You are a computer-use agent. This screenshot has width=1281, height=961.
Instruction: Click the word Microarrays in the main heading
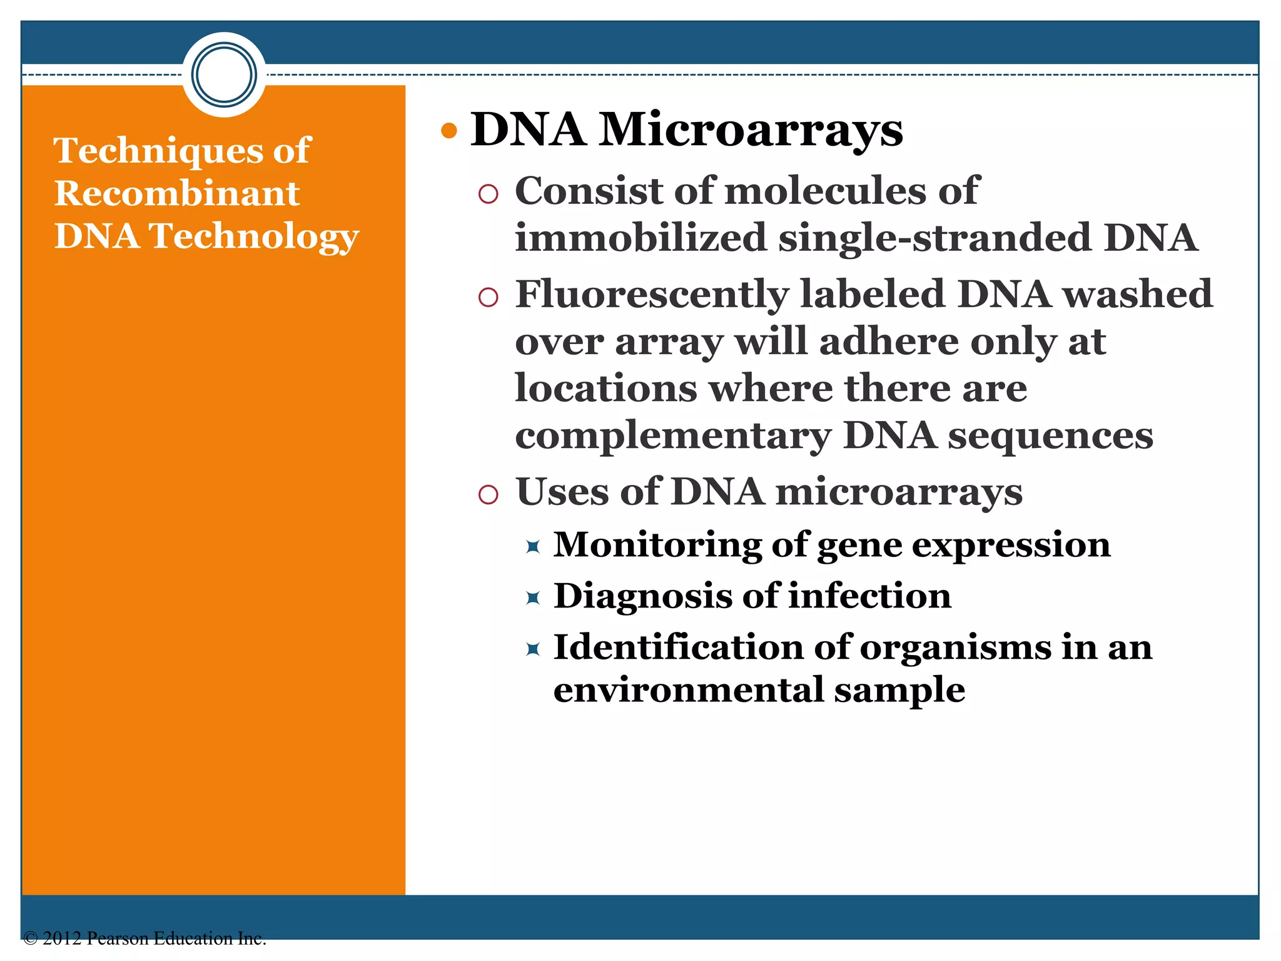pos(751,130)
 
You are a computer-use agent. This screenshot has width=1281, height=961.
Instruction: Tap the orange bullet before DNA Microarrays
pos(449,131)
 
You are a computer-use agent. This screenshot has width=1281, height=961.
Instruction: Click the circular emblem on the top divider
pos(224,74)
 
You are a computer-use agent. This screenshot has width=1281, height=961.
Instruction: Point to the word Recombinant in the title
pos(177,193)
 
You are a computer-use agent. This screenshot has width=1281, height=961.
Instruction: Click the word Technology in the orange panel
pos(253,236)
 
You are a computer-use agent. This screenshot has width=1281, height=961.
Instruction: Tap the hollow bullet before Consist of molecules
pos(488,194)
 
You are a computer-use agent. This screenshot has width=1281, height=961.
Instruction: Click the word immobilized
pos(640,238)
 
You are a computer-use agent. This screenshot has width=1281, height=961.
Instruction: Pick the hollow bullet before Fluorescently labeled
pos(488,297)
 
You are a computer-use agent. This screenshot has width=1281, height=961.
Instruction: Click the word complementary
pos(673,436)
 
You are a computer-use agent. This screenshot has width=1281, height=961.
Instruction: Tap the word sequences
pos(1051,436)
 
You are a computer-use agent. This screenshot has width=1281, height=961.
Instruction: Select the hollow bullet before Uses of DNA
pos(488,495)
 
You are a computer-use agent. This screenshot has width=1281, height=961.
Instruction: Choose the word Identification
pos(679,647)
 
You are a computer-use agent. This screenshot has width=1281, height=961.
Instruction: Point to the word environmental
pos(689,690)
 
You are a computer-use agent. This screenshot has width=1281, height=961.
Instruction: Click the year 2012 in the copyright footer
pos(62,938)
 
